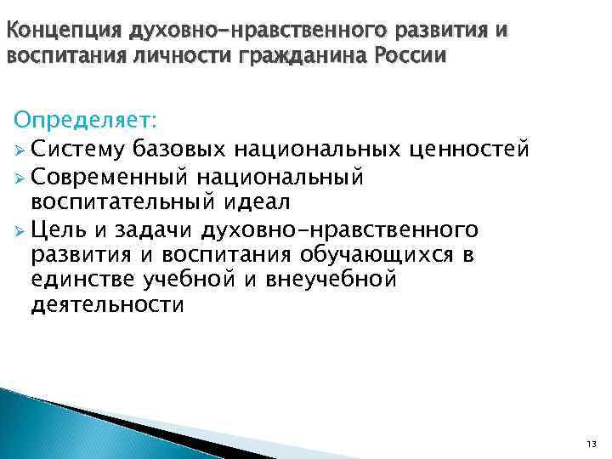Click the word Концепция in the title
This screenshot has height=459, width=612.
pos(64,32)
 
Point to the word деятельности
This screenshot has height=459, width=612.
pos(107,305)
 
